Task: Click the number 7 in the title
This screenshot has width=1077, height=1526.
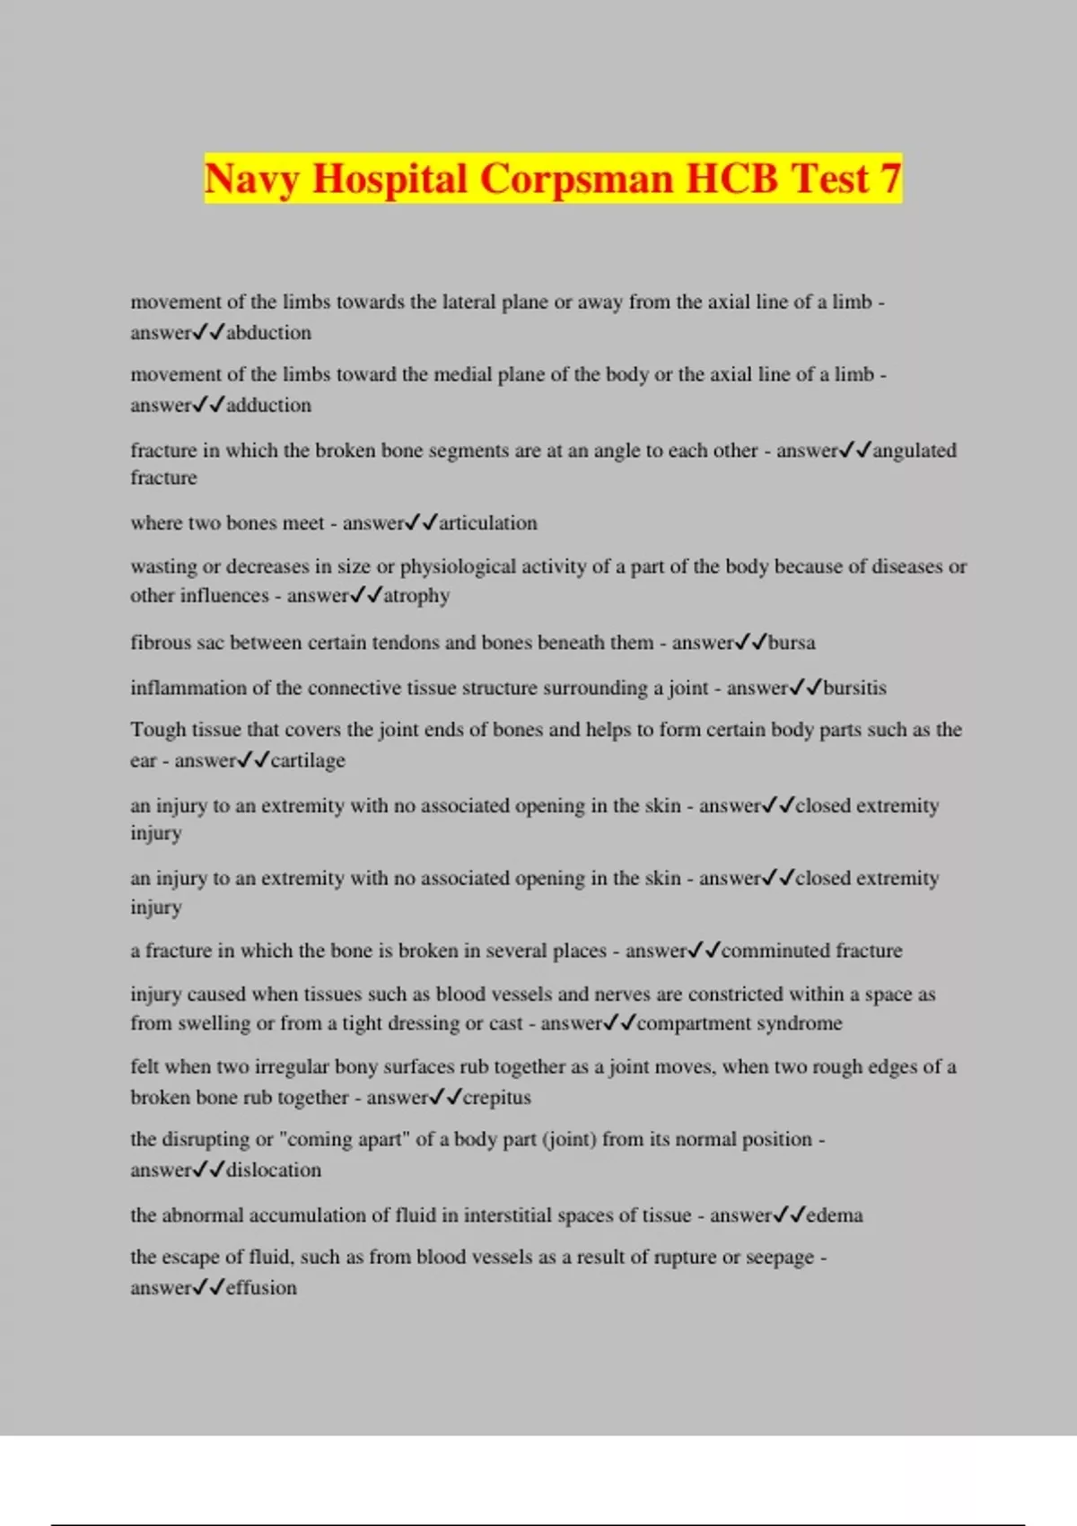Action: pyautogui.click(x=889, y=179)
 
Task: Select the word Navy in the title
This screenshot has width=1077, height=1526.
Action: pyautogui.click(x=250, y=179)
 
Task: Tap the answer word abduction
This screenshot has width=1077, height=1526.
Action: pyautogui.click(x=269, y=332)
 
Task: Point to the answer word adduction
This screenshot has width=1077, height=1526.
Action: pyautogui.click(x=269, y=405)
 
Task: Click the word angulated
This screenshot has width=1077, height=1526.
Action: pyautogui.click(x=915, y=450)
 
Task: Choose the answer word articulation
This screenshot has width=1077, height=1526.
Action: pyautogui.click(x=488, y=522)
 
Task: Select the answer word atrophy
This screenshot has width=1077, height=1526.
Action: pyautogui.click(x=416, y=595)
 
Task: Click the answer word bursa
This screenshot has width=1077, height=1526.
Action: pyautogui.click(x=792, y=642)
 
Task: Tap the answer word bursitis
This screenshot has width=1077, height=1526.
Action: pyautogui.click(x=854, y=688)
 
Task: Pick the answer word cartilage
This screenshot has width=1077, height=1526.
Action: pyautogui.click(x=308, y=760)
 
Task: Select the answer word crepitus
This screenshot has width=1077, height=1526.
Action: pyautogui.click(x=497, y=1097)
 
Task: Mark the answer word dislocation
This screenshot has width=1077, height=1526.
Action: pyautogui.click(x=274, y=1170)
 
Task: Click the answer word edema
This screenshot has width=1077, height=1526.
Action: pyautogui.click(x=835, y=1215)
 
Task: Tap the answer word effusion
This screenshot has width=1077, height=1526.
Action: pyautogui.click(x=261, y=1287)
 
